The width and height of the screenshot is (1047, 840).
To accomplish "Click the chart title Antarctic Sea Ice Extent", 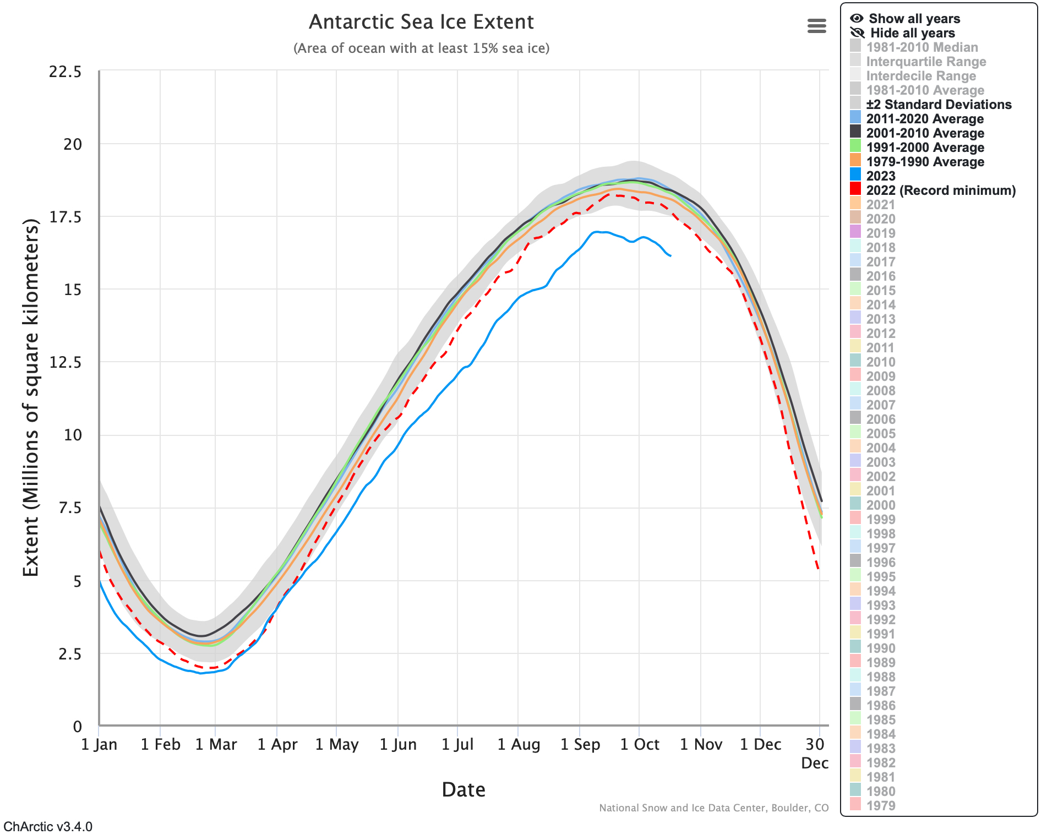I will pos(421,22).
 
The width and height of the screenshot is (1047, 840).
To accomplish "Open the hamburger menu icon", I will pos(816,26).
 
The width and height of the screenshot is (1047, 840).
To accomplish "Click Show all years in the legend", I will pos(914,19).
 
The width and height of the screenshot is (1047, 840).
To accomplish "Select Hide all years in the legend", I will pos(912,33).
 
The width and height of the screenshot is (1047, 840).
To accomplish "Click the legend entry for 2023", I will pos(881,176).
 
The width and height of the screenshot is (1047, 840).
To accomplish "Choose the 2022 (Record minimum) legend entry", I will pos(940,190).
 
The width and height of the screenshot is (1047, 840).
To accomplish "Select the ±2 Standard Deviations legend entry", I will pos(938,105).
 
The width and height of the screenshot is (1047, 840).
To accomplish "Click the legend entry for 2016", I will pos(881,276).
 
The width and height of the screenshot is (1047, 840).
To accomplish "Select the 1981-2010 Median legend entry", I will pos(921,47).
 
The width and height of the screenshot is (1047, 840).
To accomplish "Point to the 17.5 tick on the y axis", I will pos(66,217).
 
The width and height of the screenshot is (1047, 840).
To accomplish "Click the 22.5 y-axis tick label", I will pos(66,72).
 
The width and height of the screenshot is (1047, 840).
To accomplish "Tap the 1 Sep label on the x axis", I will pos(580,745).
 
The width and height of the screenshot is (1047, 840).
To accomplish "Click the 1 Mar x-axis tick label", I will pos(216,745).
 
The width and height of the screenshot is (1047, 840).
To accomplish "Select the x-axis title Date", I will pos(463,790).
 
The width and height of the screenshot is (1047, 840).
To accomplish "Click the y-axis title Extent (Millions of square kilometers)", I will pos(31,397).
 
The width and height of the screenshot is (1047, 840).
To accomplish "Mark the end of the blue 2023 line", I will pos(670,255).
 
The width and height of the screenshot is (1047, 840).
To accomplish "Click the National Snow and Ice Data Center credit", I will pos(713,808).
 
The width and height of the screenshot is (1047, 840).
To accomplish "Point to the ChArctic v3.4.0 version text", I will pos(48,827).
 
